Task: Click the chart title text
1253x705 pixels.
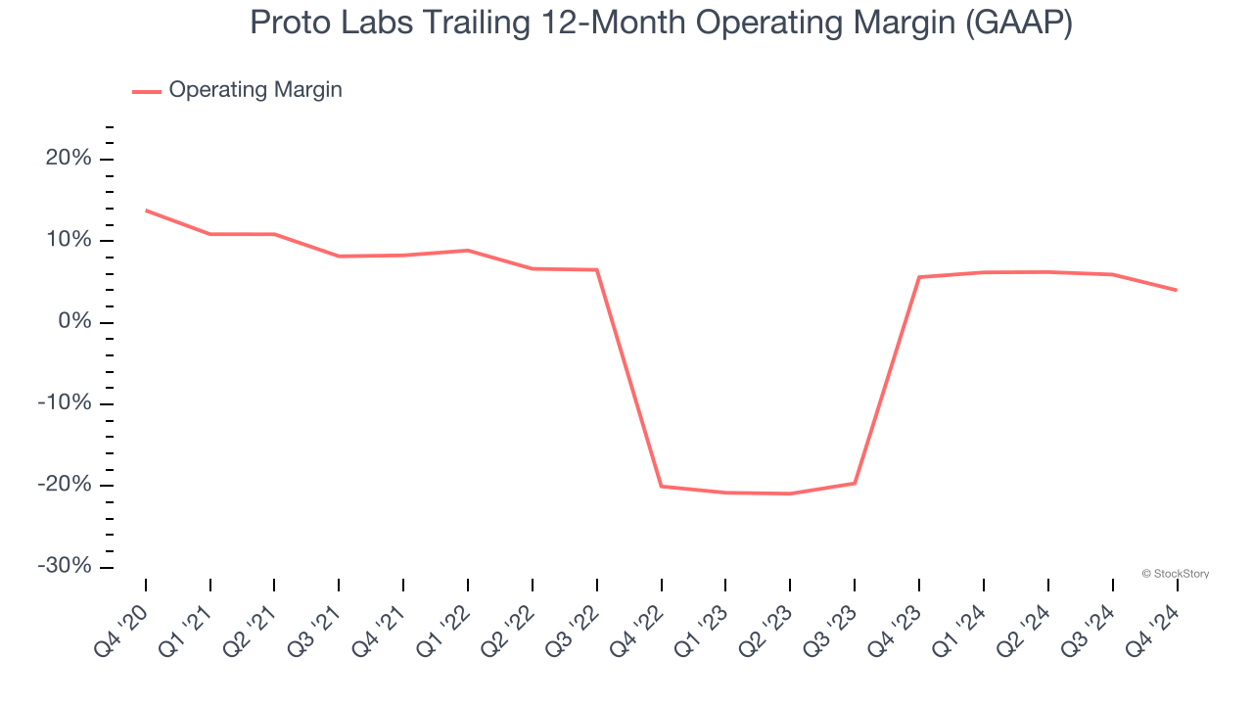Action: tap(661, 23)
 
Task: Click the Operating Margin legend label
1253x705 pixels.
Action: tap(255, 90)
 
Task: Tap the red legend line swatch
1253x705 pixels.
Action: tap(147, 91)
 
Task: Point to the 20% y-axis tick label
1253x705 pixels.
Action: tap(69, 159)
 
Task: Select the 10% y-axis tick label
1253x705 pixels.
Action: tap(69, 241)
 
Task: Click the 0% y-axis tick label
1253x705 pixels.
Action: tap(74, 322)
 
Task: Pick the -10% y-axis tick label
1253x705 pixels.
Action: tap(65, 403)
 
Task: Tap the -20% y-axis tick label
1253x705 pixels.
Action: tap(65, 486)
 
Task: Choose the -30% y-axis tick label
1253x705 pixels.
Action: tap(65, 567)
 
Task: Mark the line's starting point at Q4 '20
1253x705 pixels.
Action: tap(146, 211)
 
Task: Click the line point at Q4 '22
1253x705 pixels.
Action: tap(662, 486)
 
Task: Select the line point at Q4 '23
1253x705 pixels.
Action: tap(919, 277)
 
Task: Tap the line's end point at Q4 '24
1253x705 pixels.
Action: tap(1177, 290)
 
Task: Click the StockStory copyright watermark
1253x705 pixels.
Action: tap(1176, 574)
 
